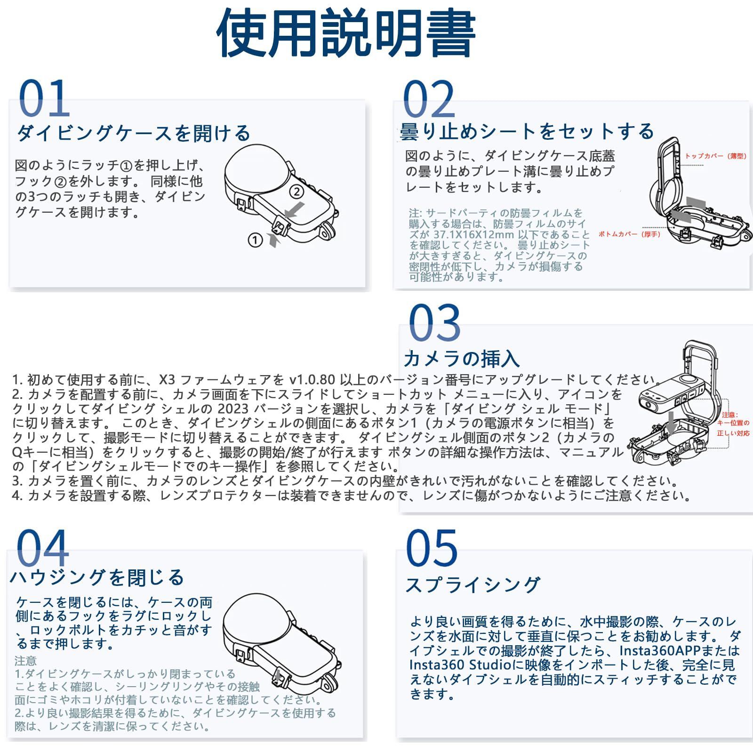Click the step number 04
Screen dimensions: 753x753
tap(42, 548)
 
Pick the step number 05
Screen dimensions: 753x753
tap(431, 548)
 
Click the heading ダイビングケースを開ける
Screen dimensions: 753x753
tap(134, 133)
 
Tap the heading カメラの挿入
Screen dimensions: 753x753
tap(461, 359)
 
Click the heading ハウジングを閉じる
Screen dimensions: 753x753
tap(97, 577)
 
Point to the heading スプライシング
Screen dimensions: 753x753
tap(473, 585)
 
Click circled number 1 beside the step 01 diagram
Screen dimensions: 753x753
tap(255, 240)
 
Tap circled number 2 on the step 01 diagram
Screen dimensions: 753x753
tap(296, 192)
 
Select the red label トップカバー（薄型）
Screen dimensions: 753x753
tap(715, 156)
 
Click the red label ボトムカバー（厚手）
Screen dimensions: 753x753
tap(629, 234)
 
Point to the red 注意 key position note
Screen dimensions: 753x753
tap(733, 424)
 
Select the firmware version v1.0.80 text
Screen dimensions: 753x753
tap(312, 379)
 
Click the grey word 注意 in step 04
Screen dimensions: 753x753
tap(25, 661)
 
